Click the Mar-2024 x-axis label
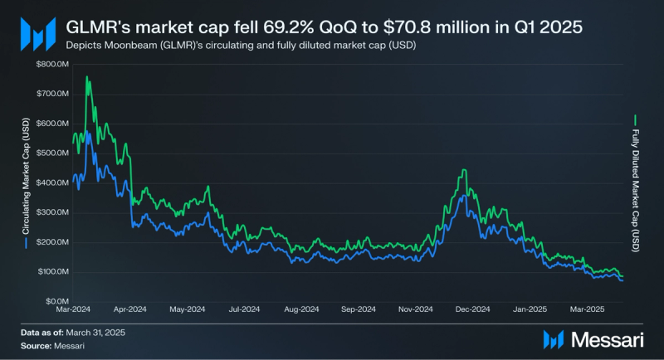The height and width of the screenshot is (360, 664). click(74, 309)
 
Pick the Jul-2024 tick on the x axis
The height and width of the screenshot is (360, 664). click(245, 309)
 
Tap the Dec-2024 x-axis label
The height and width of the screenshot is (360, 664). click(474, 309)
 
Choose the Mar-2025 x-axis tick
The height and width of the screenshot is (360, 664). click(587, 309)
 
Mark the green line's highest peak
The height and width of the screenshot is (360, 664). click(87, 77)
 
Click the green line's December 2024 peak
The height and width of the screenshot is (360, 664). click(463, 170)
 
